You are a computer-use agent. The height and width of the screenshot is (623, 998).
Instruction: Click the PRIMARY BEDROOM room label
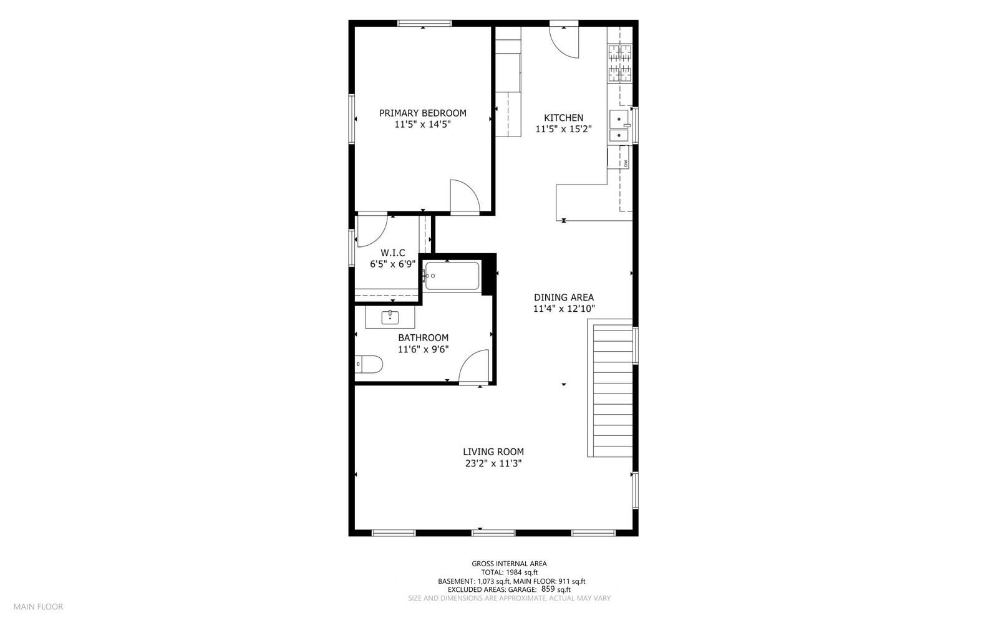pyautogui.click(x=422, y=113)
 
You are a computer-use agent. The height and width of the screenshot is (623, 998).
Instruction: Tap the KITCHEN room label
pyautogui.click(x=563, y=118)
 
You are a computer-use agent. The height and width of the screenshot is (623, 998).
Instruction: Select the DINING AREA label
pyautogui.click(x=563, y=297)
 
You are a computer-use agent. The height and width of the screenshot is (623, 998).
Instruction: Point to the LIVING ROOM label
pyautogui.click(x=493, y=452)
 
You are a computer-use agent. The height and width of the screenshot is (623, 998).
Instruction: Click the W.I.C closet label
pyautogui.click(x=392, y=253)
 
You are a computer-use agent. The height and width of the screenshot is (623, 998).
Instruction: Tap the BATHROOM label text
pyautogui.click(x=423, y=338)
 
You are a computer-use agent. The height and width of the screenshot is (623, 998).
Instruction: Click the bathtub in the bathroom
pyautogui.click(x=452, y=276)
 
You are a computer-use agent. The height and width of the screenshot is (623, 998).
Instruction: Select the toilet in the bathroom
pyautogui.click(x=367, y=364)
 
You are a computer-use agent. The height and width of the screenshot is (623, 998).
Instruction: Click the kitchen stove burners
pyautogui.click(x=619, y=64)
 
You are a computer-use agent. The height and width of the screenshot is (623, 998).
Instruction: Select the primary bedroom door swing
pyautogui.click(x=463, y=196)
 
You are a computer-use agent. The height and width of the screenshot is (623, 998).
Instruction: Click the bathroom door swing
pyautogui.click(x=474, y=367)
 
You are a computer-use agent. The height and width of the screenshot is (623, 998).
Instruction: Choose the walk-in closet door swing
pyautogui.click(x=372, y=229)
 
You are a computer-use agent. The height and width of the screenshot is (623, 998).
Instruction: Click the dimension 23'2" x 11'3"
pyautogui.click(x=493, y=463)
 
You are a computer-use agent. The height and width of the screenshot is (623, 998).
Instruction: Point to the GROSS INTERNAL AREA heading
pyautogui.click(x=509, y=564)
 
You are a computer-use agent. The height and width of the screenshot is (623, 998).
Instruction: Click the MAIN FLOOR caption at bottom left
pyautogui.click(x=38, y=606)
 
